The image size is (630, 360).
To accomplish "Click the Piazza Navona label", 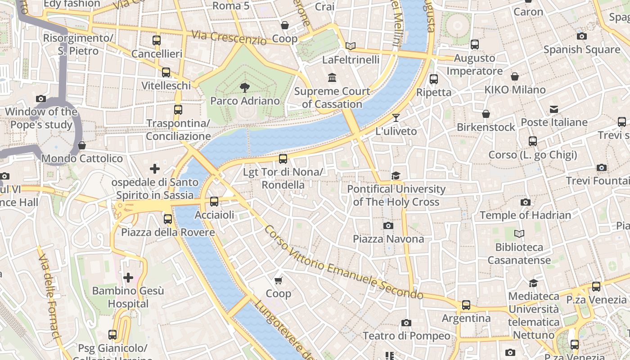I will tap(388, 238).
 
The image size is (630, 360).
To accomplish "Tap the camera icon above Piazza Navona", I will tap(388, 225).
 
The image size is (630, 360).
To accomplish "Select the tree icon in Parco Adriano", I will tap(245, 87).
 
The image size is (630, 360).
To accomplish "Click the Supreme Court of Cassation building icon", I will tap(332, 78).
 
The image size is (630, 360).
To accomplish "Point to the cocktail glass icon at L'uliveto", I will tap(396, 118).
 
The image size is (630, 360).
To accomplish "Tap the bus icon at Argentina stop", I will tap(466, 305).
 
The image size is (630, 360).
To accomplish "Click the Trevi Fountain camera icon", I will tap(602, 168).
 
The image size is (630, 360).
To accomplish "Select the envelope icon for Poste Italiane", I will tap(554, 109).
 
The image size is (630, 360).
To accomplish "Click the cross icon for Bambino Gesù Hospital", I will tap(128, 278).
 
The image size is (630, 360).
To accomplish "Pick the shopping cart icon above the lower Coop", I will tap(278, 280).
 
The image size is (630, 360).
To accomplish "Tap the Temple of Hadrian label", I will tap(525, 215).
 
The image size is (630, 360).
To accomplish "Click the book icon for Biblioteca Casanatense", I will tap(519, 234).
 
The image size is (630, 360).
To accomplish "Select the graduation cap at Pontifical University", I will tap(396, 175).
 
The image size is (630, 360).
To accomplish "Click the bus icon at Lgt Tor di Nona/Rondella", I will tap(283, 158).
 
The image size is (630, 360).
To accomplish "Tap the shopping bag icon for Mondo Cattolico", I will tap(81, 145).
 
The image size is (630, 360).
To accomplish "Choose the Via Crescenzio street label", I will tap(229, 37).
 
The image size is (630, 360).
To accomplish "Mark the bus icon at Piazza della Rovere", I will tap(168, 219).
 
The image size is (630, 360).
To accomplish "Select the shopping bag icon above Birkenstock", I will tap(486, 114).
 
